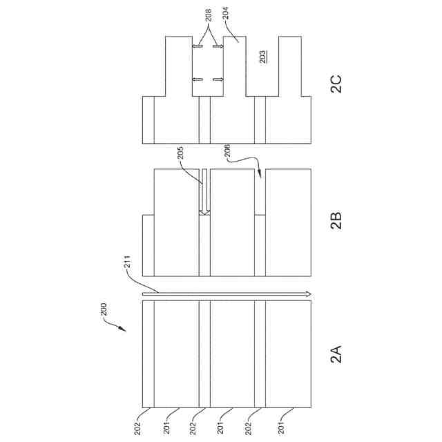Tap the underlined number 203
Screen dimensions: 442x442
coord(262,57)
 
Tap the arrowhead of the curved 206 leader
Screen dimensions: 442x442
coord(260,175)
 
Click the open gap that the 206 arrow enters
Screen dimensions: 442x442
coord(260,193)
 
